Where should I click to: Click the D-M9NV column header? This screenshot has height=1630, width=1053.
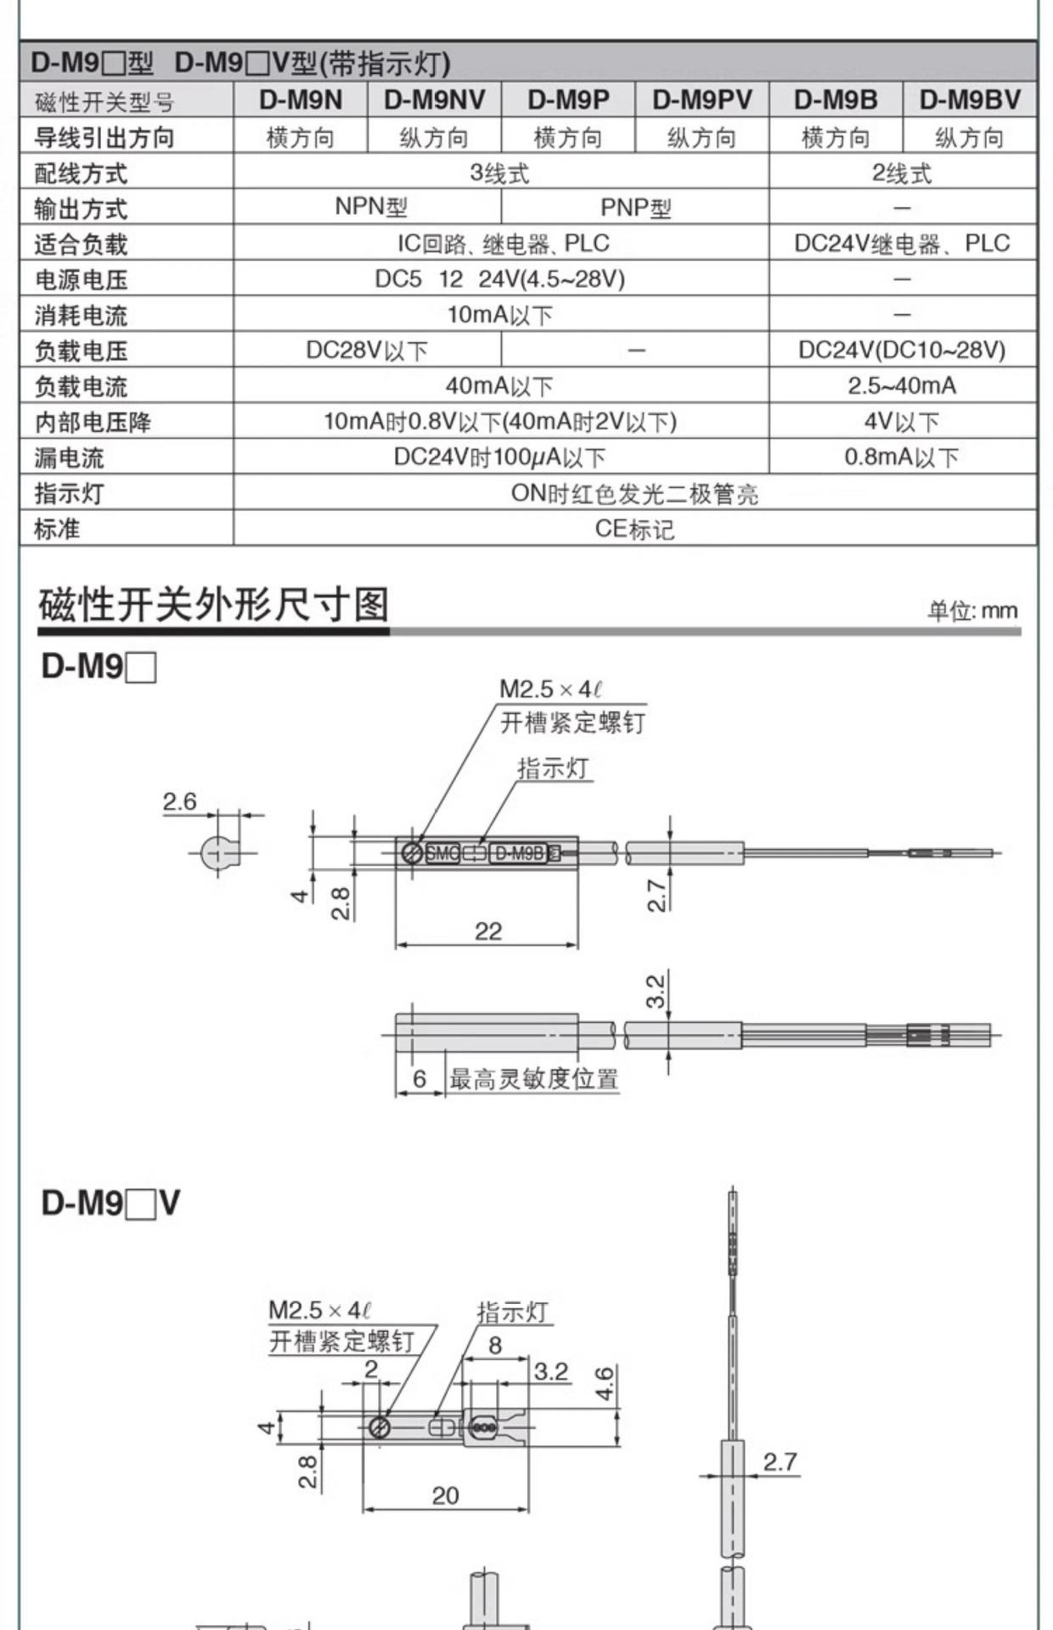click(434, 100)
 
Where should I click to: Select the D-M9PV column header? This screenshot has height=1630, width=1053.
click(701, 100)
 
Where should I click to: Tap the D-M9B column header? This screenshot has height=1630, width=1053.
click(836, 100)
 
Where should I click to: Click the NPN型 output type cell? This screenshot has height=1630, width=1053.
click(371, 206)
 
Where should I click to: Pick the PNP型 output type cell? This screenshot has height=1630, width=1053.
click(635, 207)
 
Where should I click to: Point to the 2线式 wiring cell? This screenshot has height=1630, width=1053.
click(902, 173)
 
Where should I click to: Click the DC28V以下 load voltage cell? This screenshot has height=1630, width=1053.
click(367, 350)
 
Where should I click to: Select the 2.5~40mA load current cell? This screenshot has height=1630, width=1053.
click(902, 386)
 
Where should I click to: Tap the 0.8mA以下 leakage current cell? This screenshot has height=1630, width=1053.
click(902, 458)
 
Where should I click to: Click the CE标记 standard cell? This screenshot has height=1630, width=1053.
click(634, 529)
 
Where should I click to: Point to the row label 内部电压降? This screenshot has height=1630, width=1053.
click(93, 422)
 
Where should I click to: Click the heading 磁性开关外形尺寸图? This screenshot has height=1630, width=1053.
click(214, 605)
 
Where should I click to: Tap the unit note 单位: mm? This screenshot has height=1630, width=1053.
click(971, 610)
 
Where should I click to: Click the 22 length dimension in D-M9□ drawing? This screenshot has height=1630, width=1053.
click(488, 931)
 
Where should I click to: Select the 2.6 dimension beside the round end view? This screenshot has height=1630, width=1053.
click(179, 801)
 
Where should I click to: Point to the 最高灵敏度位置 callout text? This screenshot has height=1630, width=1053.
click(533, 1079)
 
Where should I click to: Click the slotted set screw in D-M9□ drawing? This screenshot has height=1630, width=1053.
click(412, 852)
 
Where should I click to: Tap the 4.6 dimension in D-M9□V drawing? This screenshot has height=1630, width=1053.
click(604, 1383)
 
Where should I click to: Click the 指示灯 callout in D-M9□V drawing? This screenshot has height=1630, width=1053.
click(512, 1312)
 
